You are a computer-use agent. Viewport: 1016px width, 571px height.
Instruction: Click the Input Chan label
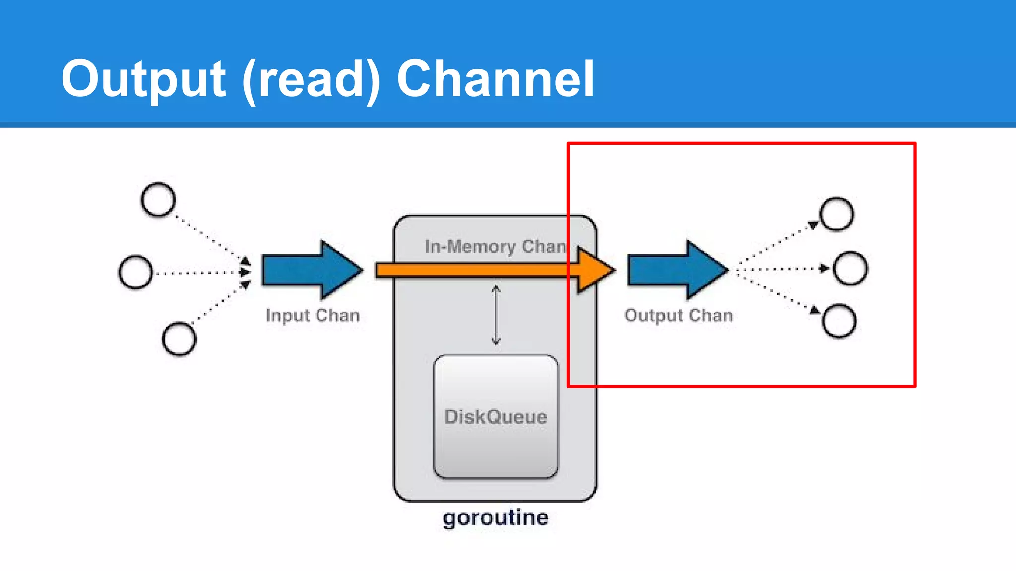click(313, 315)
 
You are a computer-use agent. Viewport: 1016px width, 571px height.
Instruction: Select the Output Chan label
click(678, 315)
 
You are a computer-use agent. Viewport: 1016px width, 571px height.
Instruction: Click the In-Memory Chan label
click(495, 246)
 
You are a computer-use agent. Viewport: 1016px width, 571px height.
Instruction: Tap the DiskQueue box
click(496, 416)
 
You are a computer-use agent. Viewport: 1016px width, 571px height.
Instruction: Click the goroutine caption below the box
click(496, 517)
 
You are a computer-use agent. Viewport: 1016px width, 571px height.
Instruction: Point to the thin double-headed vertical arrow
click(496, 315)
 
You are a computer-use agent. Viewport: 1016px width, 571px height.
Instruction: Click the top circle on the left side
click(158, 200)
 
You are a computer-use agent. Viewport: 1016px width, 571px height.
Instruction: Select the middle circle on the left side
click(135, 272)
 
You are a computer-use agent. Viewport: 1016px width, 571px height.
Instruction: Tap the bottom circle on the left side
click(179, 339)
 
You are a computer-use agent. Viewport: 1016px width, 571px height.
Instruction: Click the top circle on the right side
click(836, 214)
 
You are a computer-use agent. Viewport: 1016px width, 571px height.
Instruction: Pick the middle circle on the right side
click(850, 268)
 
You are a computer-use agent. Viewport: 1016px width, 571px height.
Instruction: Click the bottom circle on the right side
click(839, 321)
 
